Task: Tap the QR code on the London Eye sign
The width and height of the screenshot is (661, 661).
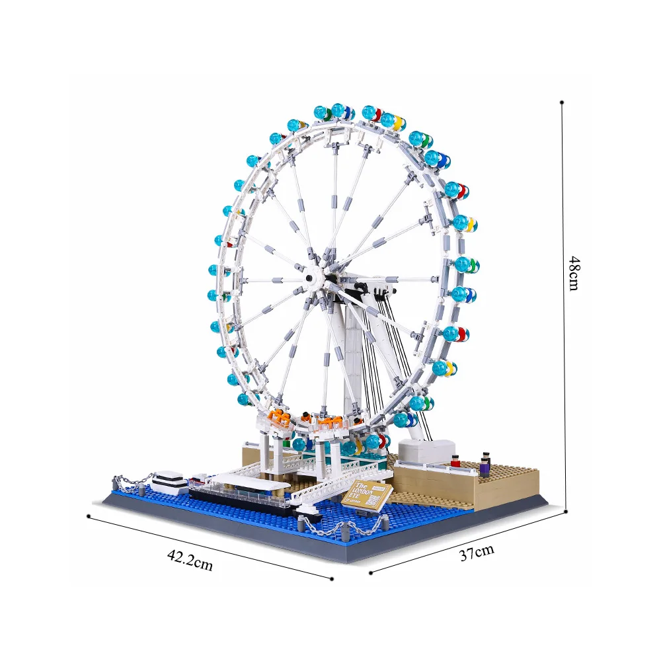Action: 373,502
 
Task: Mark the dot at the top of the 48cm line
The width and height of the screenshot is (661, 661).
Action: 562,102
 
